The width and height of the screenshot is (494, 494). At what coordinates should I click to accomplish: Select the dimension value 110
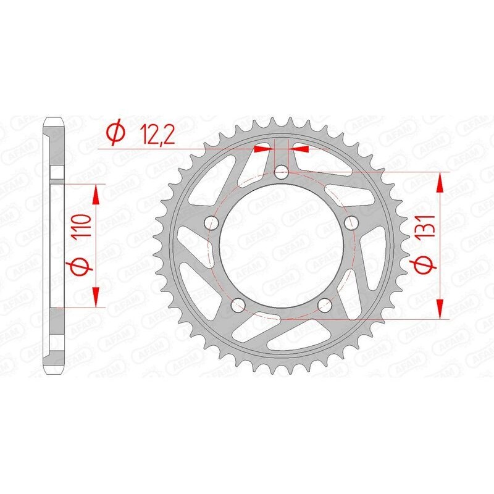tap(84, 227)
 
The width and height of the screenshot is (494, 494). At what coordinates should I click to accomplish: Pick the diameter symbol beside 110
tap(85, 266)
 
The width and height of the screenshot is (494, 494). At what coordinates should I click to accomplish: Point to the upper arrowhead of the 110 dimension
tap(96, 195)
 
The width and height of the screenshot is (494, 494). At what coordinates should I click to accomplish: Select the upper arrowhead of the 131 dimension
tap(440, 183)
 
